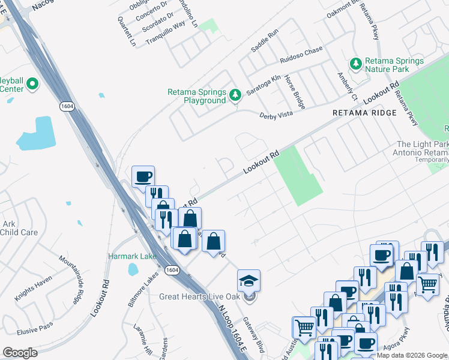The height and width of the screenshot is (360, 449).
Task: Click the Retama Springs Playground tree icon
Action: (235, 94)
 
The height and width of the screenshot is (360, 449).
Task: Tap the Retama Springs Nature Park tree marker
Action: (356, 63)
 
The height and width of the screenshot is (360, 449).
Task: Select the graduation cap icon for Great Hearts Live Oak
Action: (249, 280)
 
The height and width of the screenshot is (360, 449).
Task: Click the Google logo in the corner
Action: (20, 353)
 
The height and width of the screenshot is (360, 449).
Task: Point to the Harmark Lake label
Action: (132, 256)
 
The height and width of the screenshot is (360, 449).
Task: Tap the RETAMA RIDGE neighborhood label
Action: (365, 113)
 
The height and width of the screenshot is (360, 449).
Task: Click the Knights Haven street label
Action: (33, 286)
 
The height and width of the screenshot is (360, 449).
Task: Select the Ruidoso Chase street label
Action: (301, 55)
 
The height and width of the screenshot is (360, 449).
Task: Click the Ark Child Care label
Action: (19, 228)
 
